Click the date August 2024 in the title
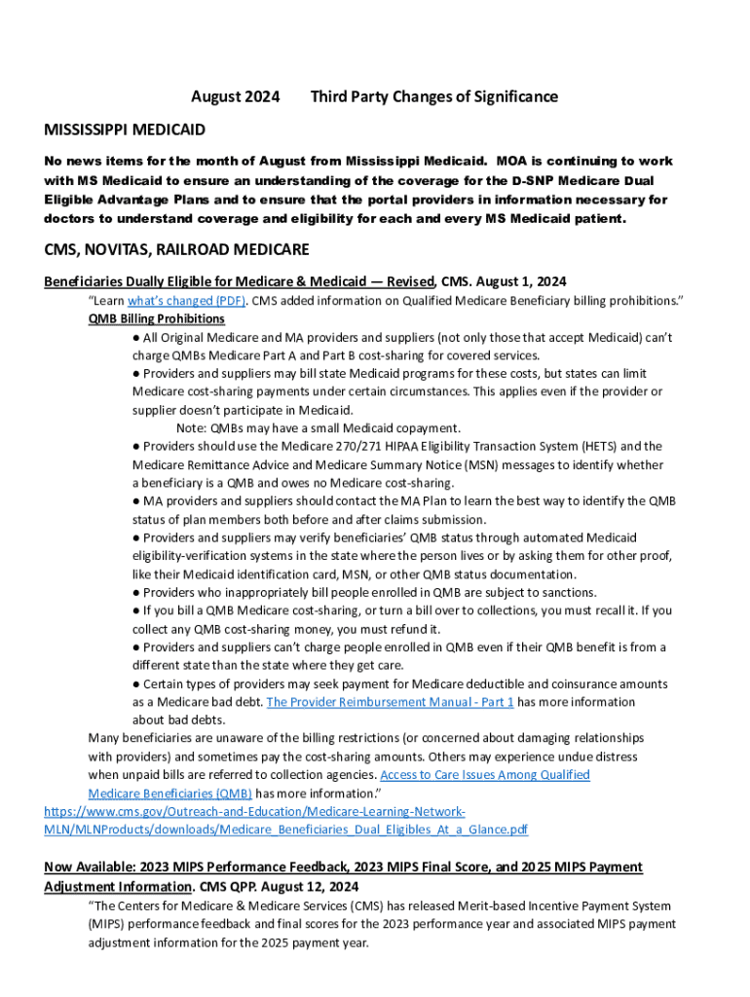[235, 96]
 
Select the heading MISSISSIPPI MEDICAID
[125, 129]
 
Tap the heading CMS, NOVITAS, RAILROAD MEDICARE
[176, 249]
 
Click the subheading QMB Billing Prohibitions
[157, 319]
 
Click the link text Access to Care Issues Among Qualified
[485, 775]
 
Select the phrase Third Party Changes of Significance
[434, 96]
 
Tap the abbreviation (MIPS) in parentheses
[112, 924]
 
